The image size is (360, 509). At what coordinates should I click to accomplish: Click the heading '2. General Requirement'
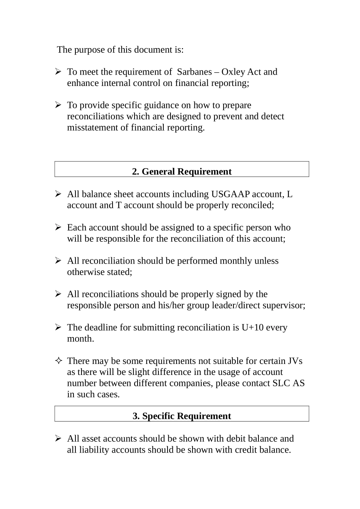[182, 172]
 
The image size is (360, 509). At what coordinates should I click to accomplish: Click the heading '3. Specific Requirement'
[182, 416]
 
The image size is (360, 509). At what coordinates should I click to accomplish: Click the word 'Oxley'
[233, 72]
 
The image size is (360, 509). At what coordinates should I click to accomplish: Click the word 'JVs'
[295, 361]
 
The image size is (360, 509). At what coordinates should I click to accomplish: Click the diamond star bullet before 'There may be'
[58, 361]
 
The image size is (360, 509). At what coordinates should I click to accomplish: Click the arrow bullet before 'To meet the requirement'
[58, 72]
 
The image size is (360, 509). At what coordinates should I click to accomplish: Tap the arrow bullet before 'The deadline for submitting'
[58, 327]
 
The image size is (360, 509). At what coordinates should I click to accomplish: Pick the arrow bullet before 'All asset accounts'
[58, 439]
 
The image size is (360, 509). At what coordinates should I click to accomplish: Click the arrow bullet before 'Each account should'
[58, 227]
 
